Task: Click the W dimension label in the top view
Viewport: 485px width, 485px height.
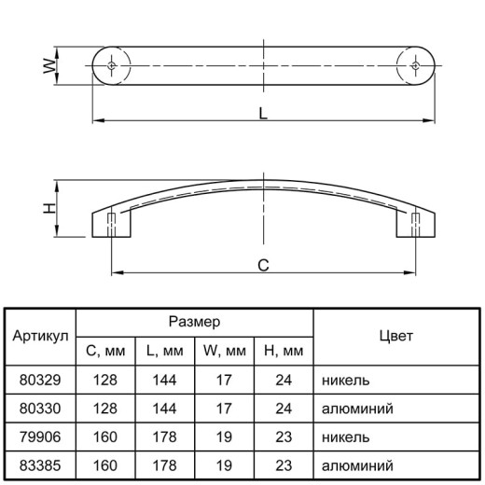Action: tap(49, 66)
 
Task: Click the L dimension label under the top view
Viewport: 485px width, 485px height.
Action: tap(263, 113)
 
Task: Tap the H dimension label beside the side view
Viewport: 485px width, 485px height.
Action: tap(49, 208)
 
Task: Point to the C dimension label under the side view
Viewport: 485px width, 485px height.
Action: tap(263, 266)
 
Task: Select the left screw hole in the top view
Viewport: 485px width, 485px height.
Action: tap(112, 65)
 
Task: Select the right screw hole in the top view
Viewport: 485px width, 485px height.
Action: tap(416, 65)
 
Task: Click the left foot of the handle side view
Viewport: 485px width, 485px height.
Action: tap(111, 225)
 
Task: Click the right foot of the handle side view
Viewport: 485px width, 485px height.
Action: tap(416, 225)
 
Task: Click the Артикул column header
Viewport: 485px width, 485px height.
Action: tap(40, 336)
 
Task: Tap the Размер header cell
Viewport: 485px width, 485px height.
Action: tap(195, 322)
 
